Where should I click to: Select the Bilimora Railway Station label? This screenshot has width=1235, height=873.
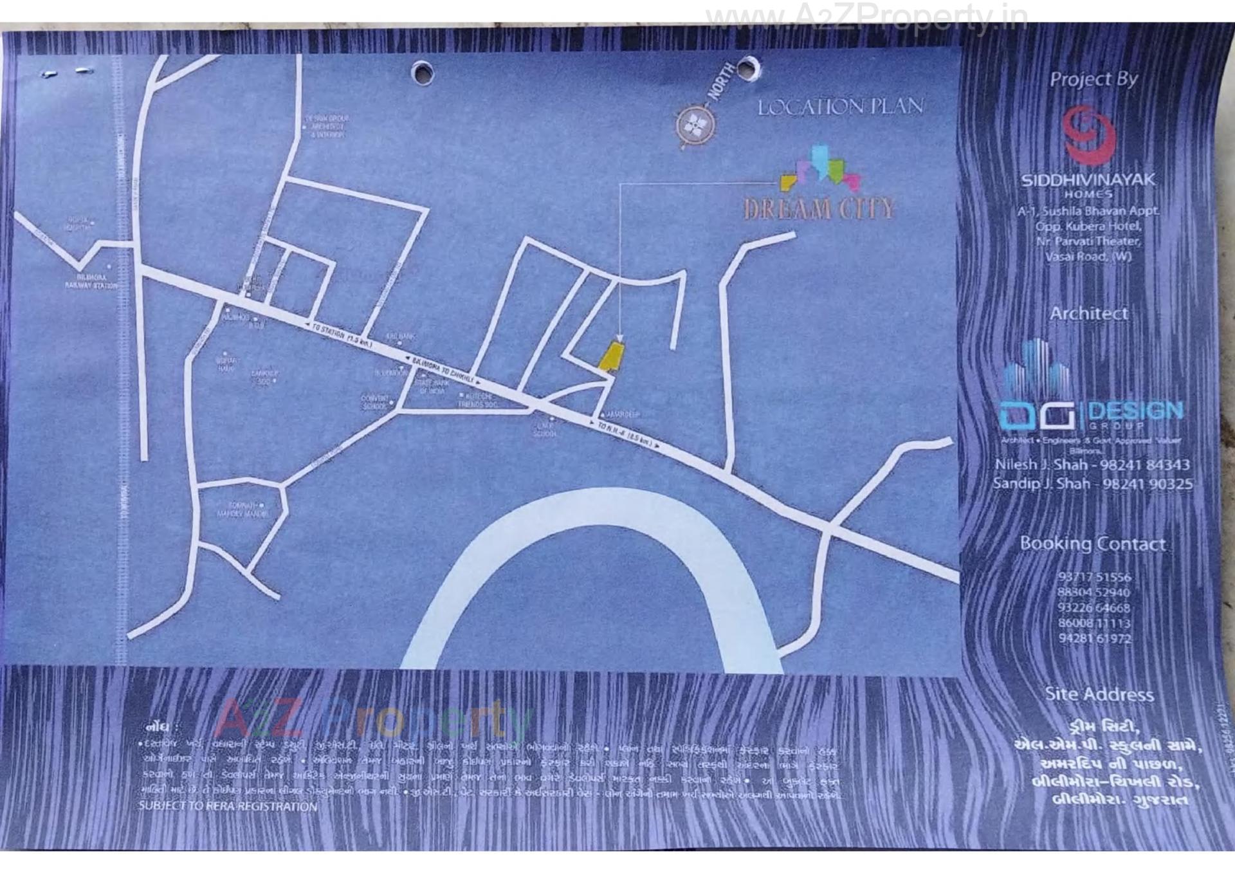point(91,281)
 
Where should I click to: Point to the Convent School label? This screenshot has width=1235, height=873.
point(375,402)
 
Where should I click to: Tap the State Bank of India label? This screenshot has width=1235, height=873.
point(432,386)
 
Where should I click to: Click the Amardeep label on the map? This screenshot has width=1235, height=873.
point(622,415)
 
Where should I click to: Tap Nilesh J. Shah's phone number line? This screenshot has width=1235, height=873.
point(1092,464)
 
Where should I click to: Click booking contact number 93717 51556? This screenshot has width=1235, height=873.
point(1094,577)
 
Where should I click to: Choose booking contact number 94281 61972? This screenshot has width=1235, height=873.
point(1094,638)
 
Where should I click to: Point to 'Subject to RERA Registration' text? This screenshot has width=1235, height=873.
point(228,806)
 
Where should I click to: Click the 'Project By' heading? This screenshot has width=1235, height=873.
point(1093,79)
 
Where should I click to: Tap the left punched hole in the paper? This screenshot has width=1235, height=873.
point(422,71)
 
